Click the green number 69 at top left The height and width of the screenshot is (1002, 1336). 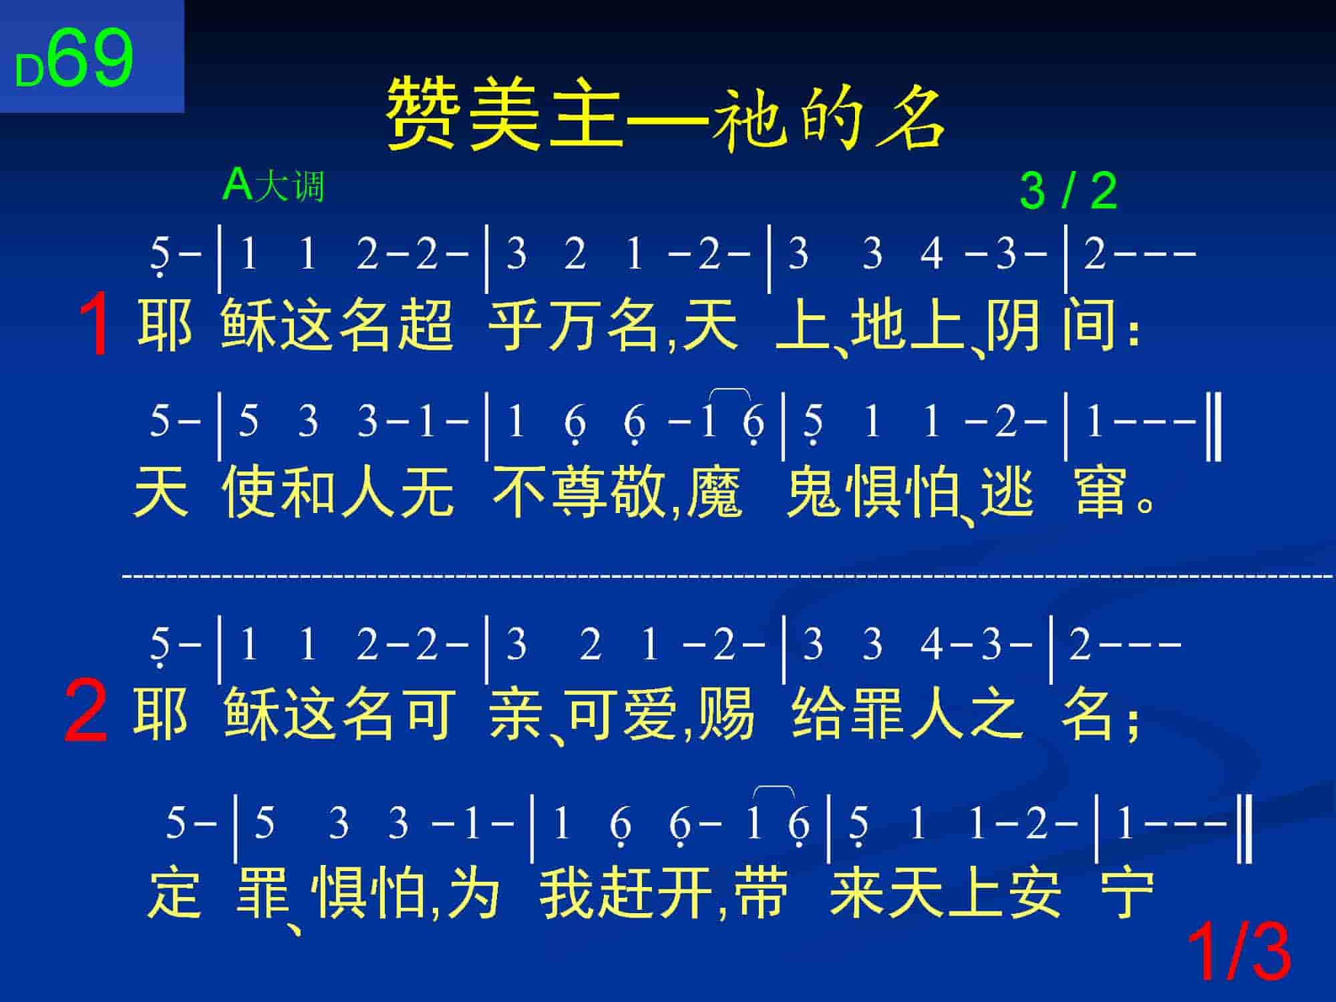pos(90,59)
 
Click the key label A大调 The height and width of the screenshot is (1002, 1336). pos(273,185)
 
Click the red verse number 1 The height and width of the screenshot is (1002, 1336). pos(94,324)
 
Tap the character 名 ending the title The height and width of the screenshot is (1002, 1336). pos(912,116)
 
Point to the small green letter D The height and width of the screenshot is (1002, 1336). pos(29,71)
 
